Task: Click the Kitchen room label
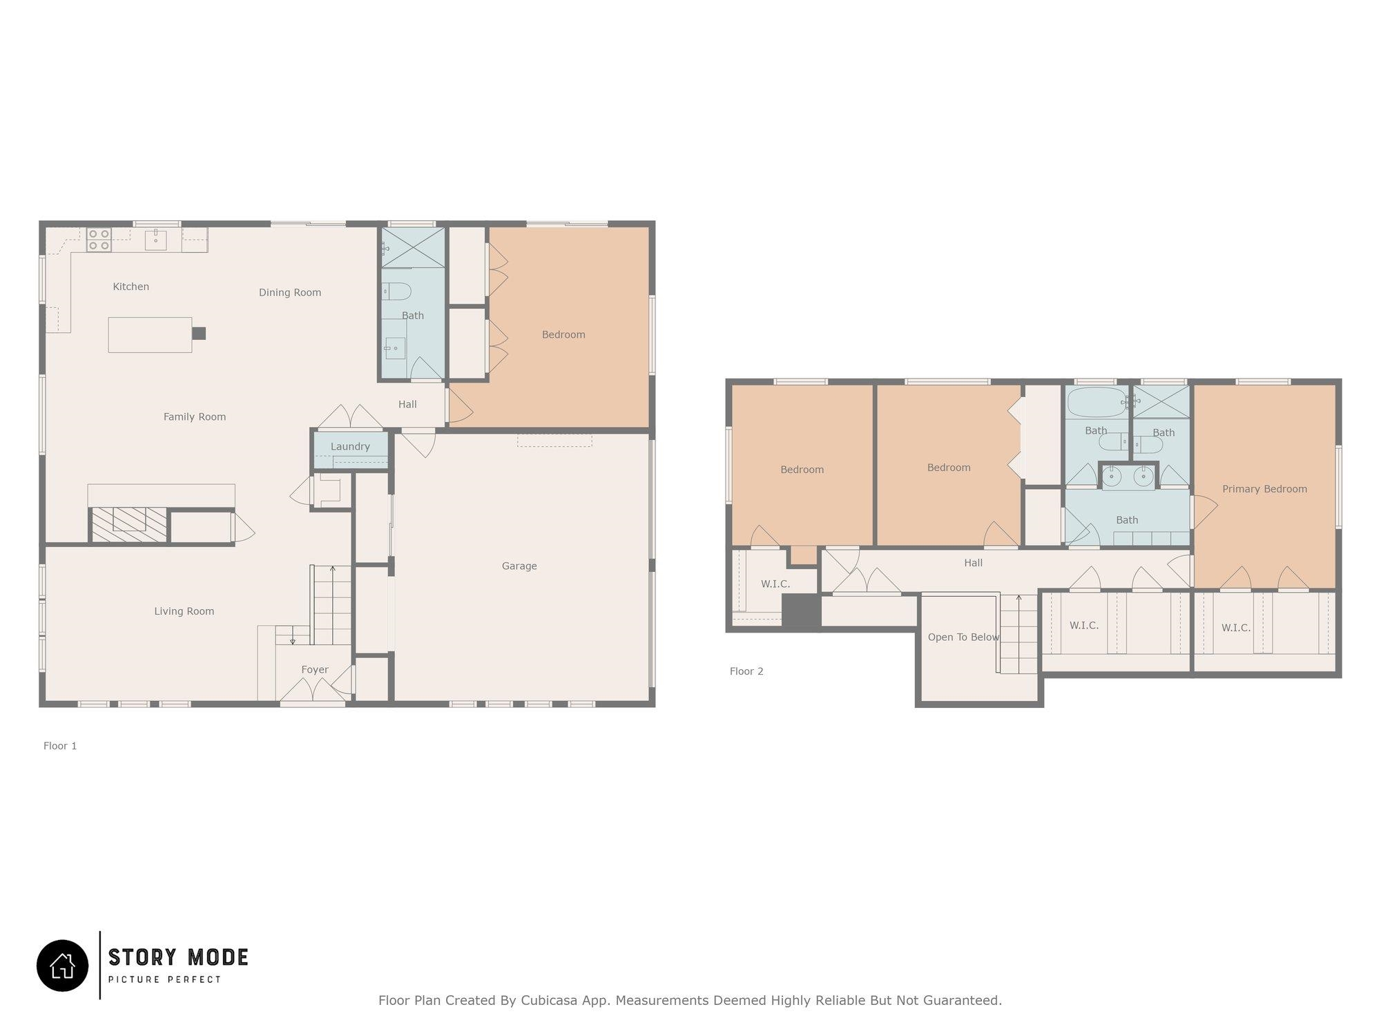131,287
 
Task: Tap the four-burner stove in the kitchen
99,240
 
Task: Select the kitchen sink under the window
156,240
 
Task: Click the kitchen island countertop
150,335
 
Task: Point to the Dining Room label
290,293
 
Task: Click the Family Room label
195,417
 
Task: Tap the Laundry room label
350,447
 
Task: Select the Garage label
519,566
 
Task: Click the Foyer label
315,670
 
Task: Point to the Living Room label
184,611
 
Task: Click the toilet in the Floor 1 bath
396,291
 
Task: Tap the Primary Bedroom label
1265,489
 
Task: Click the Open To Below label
963,637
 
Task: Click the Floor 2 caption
746,671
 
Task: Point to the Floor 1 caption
60,746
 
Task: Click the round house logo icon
63,966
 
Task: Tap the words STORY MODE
178,957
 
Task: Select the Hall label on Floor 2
973,564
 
